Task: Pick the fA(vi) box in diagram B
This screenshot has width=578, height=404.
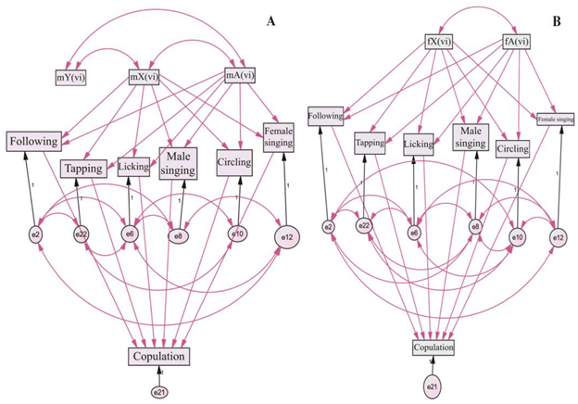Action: [x=516, y=41]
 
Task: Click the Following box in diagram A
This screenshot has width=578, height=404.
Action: [x=35, y=142]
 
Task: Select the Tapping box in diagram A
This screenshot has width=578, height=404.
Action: [x=84, y=169]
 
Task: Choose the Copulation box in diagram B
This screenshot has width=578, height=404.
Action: [x=433, y=347]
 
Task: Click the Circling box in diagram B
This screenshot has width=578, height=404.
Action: [x=512, y=148]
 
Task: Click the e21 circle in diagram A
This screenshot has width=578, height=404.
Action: [x=158, y=392]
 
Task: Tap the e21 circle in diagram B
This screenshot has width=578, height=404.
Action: [x=432, y=384]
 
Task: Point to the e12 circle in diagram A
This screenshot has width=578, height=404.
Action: [x=286, y=238]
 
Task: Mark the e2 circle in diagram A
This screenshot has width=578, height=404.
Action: [x=36, y=234]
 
